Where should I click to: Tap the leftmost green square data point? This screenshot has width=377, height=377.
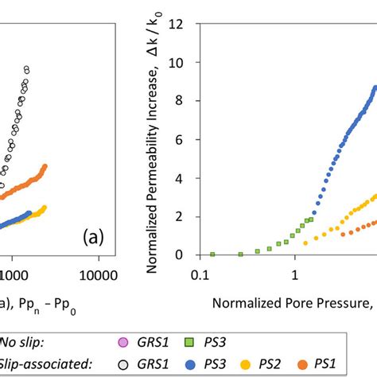pyautogui.click(x=212, y=255)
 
